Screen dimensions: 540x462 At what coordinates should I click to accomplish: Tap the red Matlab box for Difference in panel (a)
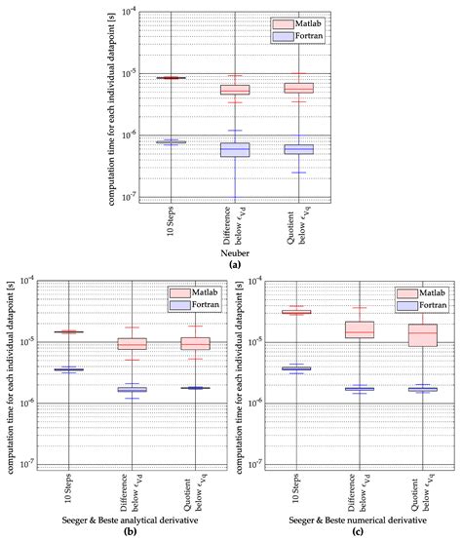click(x=235, y=90)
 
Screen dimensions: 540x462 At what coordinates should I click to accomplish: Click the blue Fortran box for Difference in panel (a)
click(x=235, y=149)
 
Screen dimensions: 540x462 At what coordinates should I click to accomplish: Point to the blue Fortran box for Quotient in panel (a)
click(x=298, y=149)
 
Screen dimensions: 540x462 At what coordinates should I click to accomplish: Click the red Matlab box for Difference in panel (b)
click(x=132, y=343)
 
